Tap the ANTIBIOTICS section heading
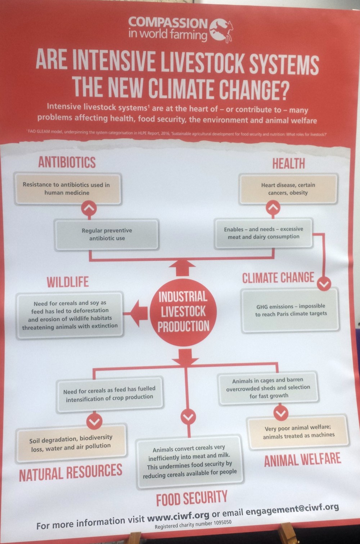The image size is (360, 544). point(67,162)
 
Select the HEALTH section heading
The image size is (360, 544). point(288,163)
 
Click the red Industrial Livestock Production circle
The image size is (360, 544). point(183,312)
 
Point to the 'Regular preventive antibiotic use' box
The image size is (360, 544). point(107,234)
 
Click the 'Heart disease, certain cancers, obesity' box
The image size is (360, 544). point(288,189)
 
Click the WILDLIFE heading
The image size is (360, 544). point(68,282)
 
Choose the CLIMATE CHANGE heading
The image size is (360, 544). point(278,278)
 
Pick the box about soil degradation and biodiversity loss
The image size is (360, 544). point(71,444)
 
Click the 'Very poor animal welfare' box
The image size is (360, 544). point(298,432)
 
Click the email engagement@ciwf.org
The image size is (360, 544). point(292,510)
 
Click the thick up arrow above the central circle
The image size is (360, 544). point(182,267)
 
